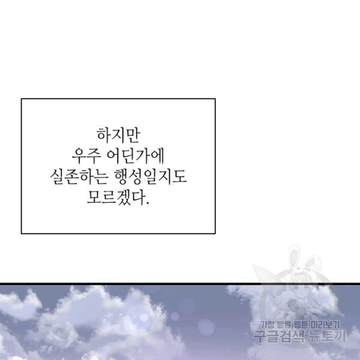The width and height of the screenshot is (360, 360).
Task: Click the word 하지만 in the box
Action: coord(118,136)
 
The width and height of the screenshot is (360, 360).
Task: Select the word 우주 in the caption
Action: coord(86,157)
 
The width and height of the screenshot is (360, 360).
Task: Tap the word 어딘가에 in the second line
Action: coord(136,157)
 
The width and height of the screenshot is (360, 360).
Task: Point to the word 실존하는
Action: coord(79,177)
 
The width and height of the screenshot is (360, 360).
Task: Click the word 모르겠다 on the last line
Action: coord(115,197)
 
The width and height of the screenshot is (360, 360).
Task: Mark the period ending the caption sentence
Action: coord(148,203)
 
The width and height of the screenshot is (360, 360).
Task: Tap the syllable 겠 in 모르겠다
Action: coord(122,197)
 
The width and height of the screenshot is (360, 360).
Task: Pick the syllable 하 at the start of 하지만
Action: coord(104,136)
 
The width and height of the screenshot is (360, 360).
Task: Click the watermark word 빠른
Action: coord(284,325)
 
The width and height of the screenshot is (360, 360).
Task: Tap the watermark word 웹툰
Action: coord(301,325)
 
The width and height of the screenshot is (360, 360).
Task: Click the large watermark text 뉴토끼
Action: coord(327,337)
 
